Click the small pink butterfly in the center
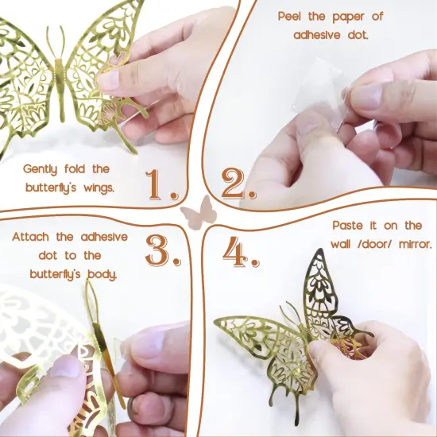coord(199,213)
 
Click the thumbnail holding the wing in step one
coord(108,79)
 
